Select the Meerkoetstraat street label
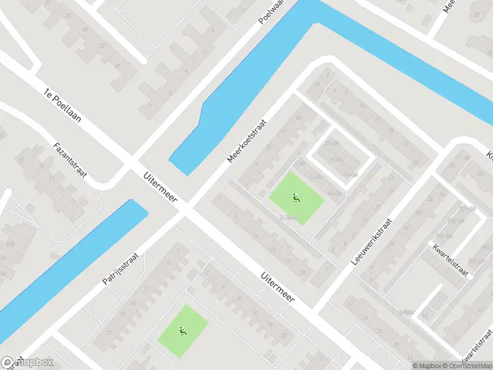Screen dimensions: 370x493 click(x=246, y=141)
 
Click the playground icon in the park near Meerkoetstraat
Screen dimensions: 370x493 click(x=296, y=199)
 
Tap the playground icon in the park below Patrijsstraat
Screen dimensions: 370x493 click(x=182, y=332)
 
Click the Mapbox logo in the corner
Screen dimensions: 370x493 click(x=27, y=363)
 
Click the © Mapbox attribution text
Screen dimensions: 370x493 click(x=426, y=366)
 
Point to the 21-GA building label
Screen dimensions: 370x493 click(x=332, y=143)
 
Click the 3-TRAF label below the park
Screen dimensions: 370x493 click(x=288, y=217)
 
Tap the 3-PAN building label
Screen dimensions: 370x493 click(x=405, y=313)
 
